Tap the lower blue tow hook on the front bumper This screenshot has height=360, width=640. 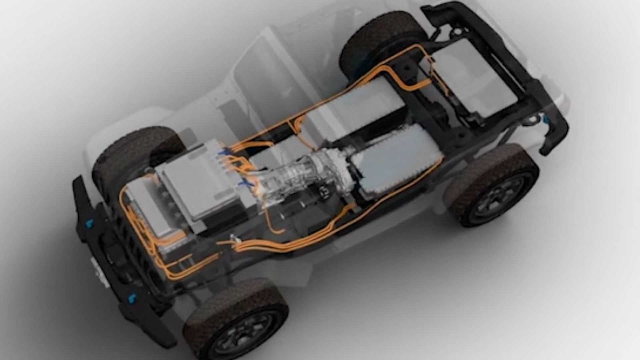coord(131,298)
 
